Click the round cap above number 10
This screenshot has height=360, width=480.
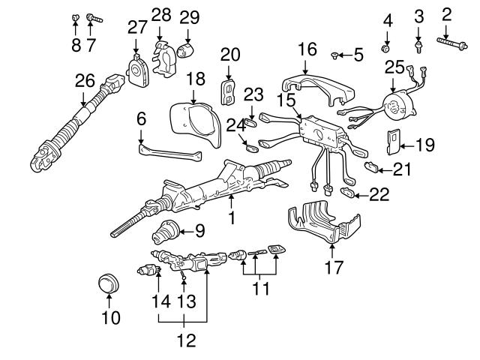click(x=109, y=285)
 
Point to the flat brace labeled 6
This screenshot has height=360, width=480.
click(x=169, y=151)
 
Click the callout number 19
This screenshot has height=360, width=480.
click(x=425, y=145)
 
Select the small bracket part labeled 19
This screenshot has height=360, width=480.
click(x=392, y=139)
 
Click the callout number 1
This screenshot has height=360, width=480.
click(x=232, y=218)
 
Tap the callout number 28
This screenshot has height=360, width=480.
click(x=160, y=14)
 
